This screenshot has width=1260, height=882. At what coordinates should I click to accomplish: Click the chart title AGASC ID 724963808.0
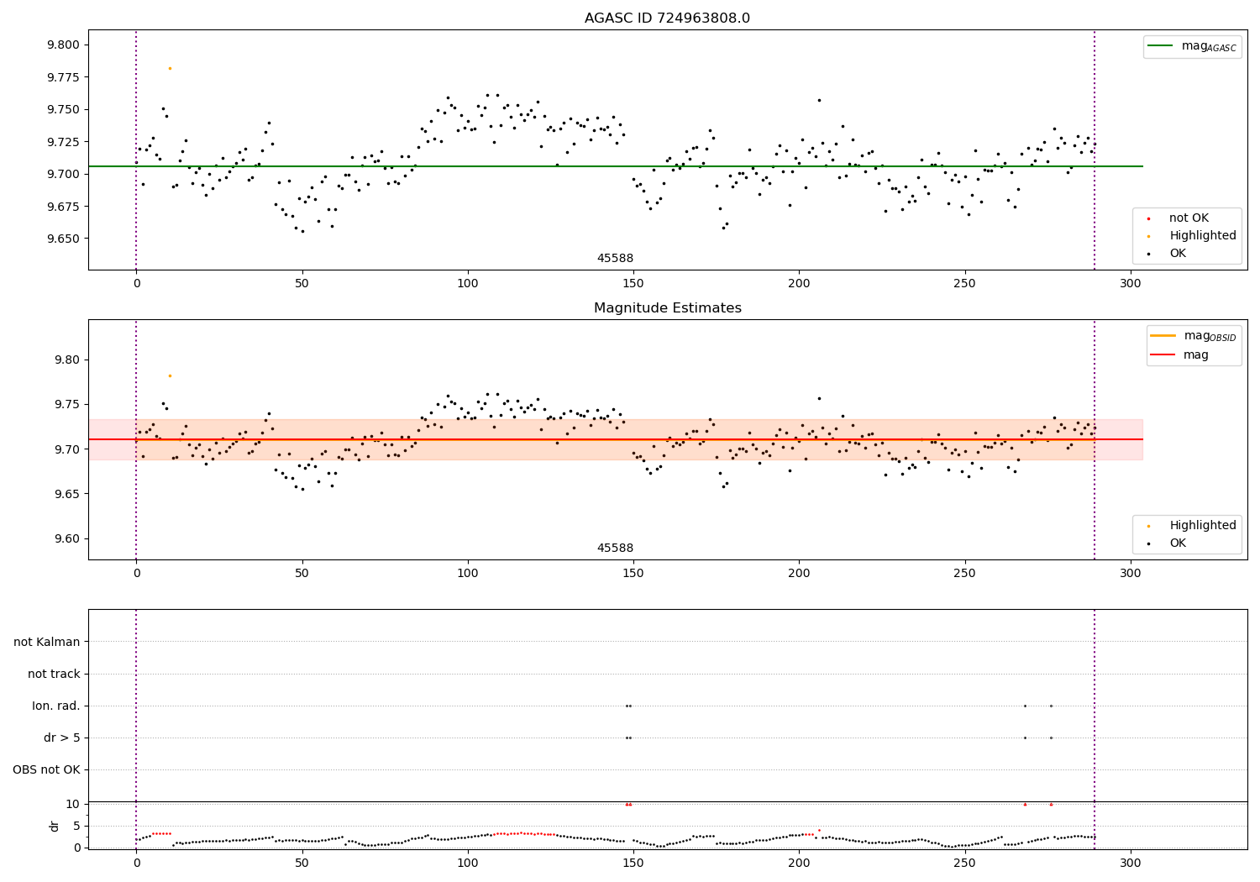(667, 18)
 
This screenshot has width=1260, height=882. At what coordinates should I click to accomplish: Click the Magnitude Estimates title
(667, 308)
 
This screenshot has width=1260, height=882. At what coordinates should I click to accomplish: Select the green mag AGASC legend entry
(1191, 46)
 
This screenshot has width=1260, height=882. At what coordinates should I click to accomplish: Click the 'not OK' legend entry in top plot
(1188, 218)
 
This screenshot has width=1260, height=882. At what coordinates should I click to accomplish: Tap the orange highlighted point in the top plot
(170, 68)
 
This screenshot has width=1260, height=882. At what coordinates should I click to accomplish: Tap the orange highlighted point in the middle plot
(170, 375)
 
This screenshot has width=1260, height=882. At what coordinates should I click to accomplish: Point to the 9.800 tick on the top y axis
(66, 45)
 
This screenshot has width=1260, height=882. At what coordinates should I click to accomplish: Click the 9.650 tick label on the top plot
(66, 239)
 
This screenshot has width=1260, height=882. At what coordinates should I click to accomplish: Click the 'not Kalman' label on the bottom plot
(47, 642)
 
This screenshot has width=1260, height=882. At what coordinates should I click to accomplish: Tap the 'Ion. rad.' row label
(56, 706)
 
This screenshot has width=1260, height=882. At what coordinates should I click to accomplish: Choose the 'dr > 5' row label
(62, 738)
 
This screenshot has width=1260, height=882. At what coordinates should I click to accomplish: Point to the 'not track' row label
(54, 674)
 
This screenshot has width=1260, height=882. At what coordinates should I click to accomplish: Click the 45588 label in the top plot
(615, 259)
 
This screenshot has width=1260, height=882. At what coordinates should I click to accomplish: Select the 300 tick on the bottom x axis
(1131, 863)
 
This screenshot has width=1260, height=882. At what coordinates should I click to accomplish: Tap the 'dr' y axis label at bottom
(55, 826)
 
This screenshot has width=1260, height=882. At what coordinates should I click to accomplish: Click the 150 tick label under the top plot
(633, 285)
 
